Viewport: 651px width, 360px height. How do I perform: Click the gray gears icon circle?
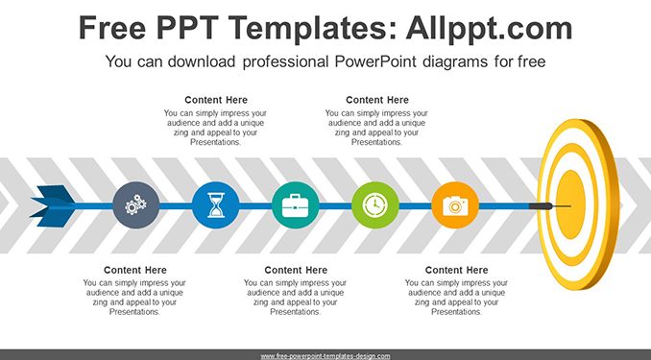136,205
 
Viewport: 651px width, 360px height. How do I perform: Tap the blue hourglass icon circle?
216,205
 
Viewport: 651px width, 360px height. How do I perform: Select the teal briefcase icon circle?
296,205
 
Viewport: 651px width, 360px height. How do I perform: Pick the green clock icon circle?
375,205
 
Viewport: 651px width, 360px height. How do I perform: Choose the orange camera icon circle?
455,205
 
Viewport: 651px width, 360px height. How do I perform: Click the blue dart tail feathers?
53,206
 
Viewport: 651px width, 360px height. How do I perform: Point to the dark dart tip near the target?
541,206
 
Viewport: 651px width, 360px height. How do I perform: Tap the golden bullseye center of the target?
570,204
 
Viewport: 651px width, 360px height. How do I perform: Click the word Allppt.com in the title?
489,28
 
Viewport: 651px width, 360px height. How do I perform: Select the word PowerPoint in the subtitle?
375,61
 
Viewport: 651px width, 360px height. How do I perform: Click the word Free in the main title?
112,28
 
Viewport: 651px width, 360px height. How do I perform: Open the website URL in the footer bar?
325,356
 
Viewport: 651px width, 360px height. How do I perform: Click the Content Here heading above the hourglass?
216,100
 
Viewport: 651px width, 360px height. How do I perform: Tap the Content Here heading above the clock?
377,100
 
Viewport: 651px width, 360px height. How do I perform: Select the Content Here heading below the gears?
135,270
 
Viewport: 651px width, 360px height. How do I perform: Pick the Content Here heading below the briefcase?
296,270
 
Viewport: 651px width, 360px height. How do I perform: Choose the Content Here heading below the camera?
456,270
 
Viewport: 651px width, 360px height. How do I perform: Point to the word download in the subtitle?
202,61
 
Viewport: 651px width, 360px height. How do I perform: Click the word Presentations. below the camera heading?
456,312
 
